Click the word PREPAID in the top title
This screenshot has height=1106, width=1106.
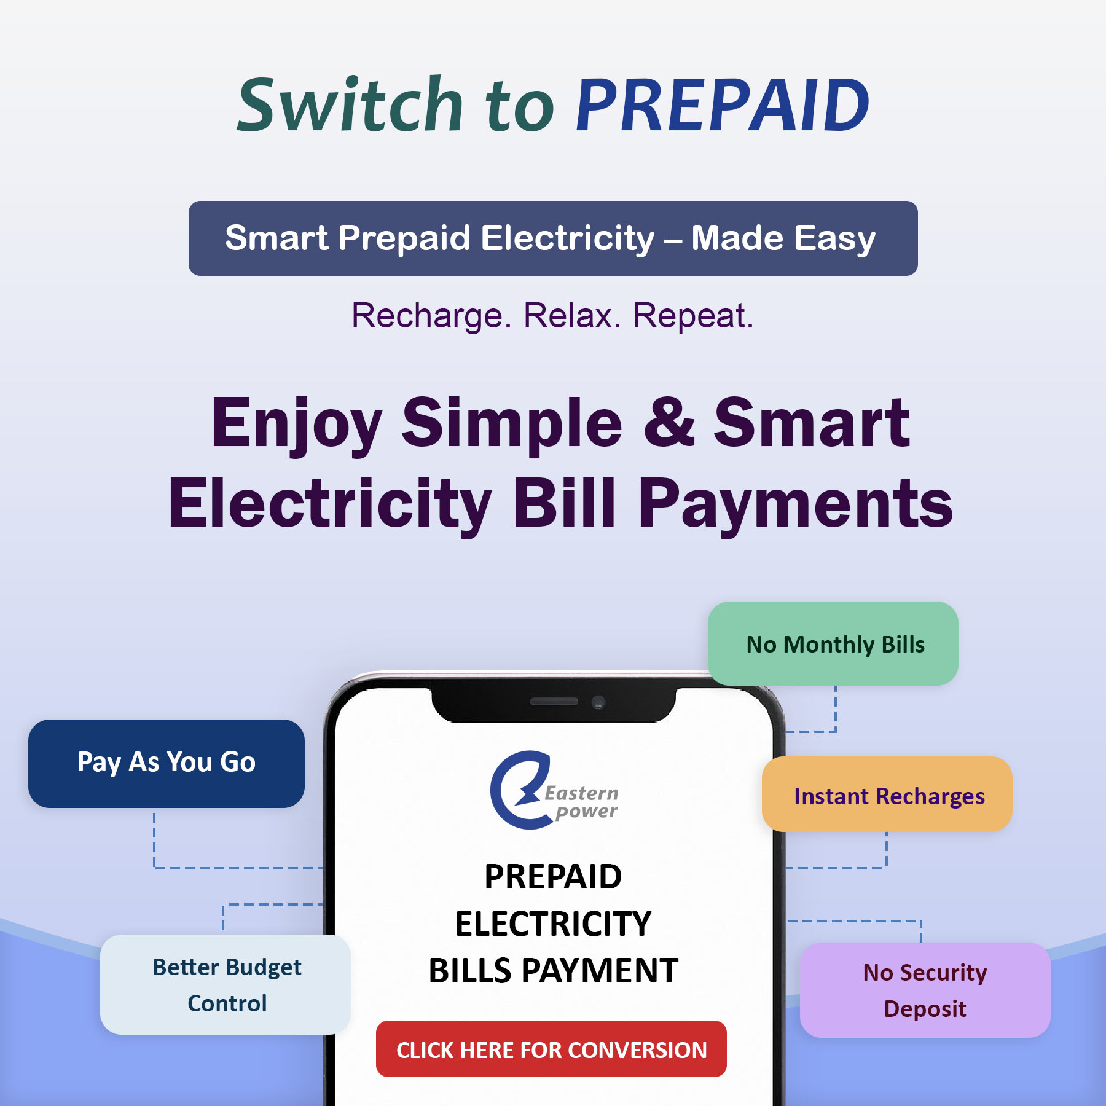click(x=723, y=105)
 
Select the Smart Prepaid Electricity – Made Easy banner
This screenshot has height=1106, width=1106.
click(x=553, y=238)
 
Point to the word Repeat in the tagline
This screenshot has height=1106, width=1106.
click(x=693, y=316)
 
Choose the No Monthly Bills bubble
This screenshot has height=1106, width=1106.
click(x=833, y=644)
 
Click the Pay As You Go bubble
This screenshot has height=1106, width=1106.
click(x=167, y=763)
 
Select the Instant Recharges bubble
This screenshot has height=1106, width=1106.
click(x=887, y=794)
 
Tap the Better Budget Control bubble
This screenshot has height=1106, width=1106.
click(x=226, y=984)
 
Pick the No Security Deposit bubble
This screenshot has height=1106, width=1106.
click(x=925, y=990)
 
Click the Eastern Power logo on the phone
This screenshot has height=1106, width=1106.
click(x=554, y=790)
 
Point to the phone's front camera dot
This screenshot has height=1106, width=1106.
click(x=598, y=702)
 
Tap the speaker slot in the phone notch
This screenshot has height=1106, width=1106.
click(x=554, y=701)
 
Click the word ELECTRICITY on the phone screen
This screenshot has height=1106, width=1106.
click(x=553, y=924)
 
